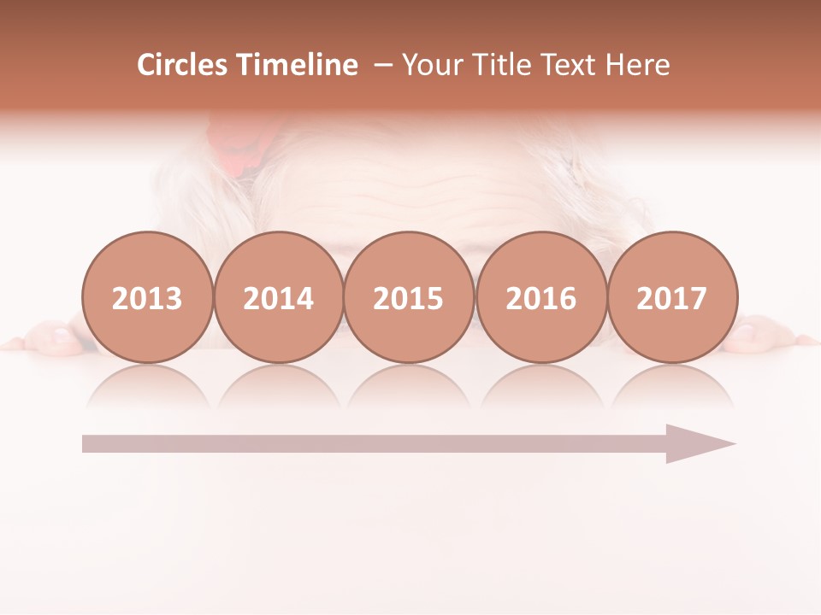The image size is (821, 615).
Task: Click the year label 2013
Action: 147,298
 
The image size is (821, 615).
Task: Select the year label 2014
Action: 278,298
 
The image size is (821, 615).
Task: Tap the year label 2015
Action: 409,298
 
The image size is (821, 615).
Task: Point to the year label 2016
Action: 540,298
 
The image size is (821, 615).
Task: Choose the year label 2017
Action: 671,298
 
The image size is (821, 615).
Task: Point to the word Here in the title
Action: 637,65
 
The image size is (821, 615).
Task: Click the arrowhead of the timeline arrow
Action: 701,443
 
